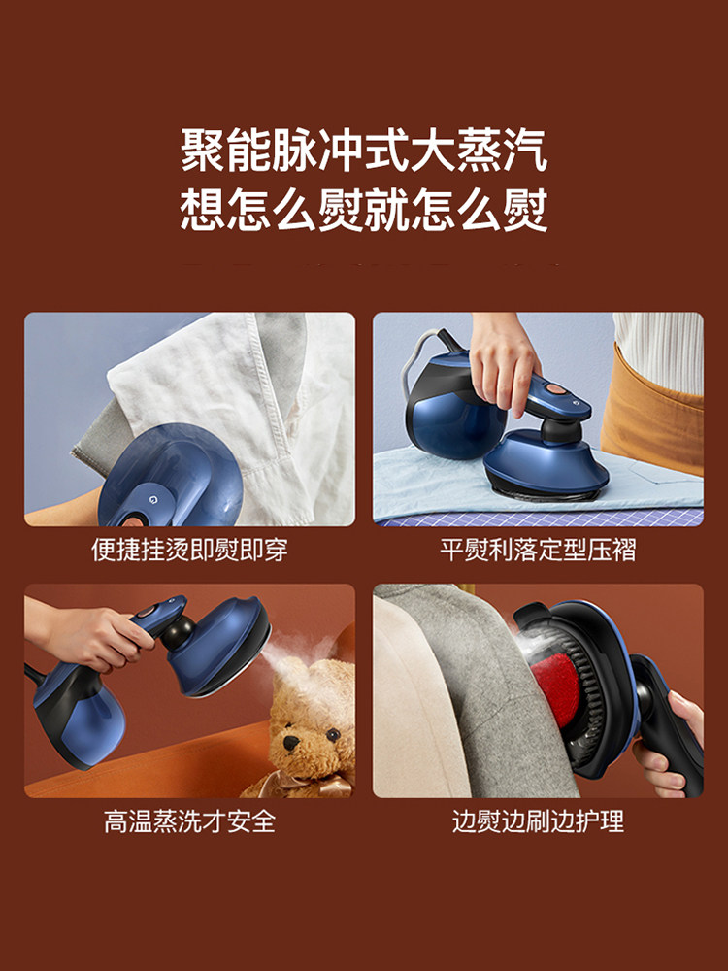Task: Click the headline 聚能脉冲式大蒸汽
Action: click(364, 151)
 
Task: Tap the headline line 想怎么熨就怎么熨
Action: click(364, 211)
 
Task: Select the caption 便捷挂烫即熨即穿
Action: click(189, 550)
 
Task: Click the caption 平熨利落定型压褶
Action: click(538, 550)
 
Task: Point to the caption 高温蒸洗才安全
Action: click(189, 821)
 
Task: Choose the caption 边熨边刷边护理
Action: click(538, 821)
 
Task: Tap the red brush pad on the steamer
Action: click(554, 688)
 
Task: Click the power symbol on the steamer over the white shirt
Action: click(153, 497)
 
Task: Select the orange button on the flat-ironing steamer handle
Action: click(554, 389)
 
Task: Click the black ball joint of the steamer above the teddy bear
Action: click(177, 633)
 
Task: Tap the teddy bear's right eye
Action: click(333, 735)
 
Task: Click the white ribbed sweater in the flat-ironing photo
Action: click(659, 350)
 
